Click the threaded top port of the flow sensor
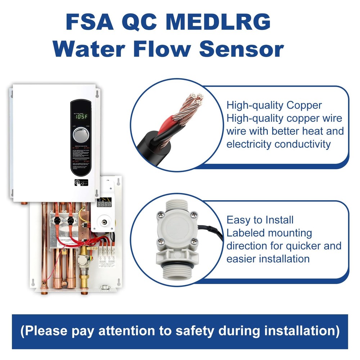click(x=176, y=208)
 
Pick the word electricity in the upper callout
click(x=249, y=144)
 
